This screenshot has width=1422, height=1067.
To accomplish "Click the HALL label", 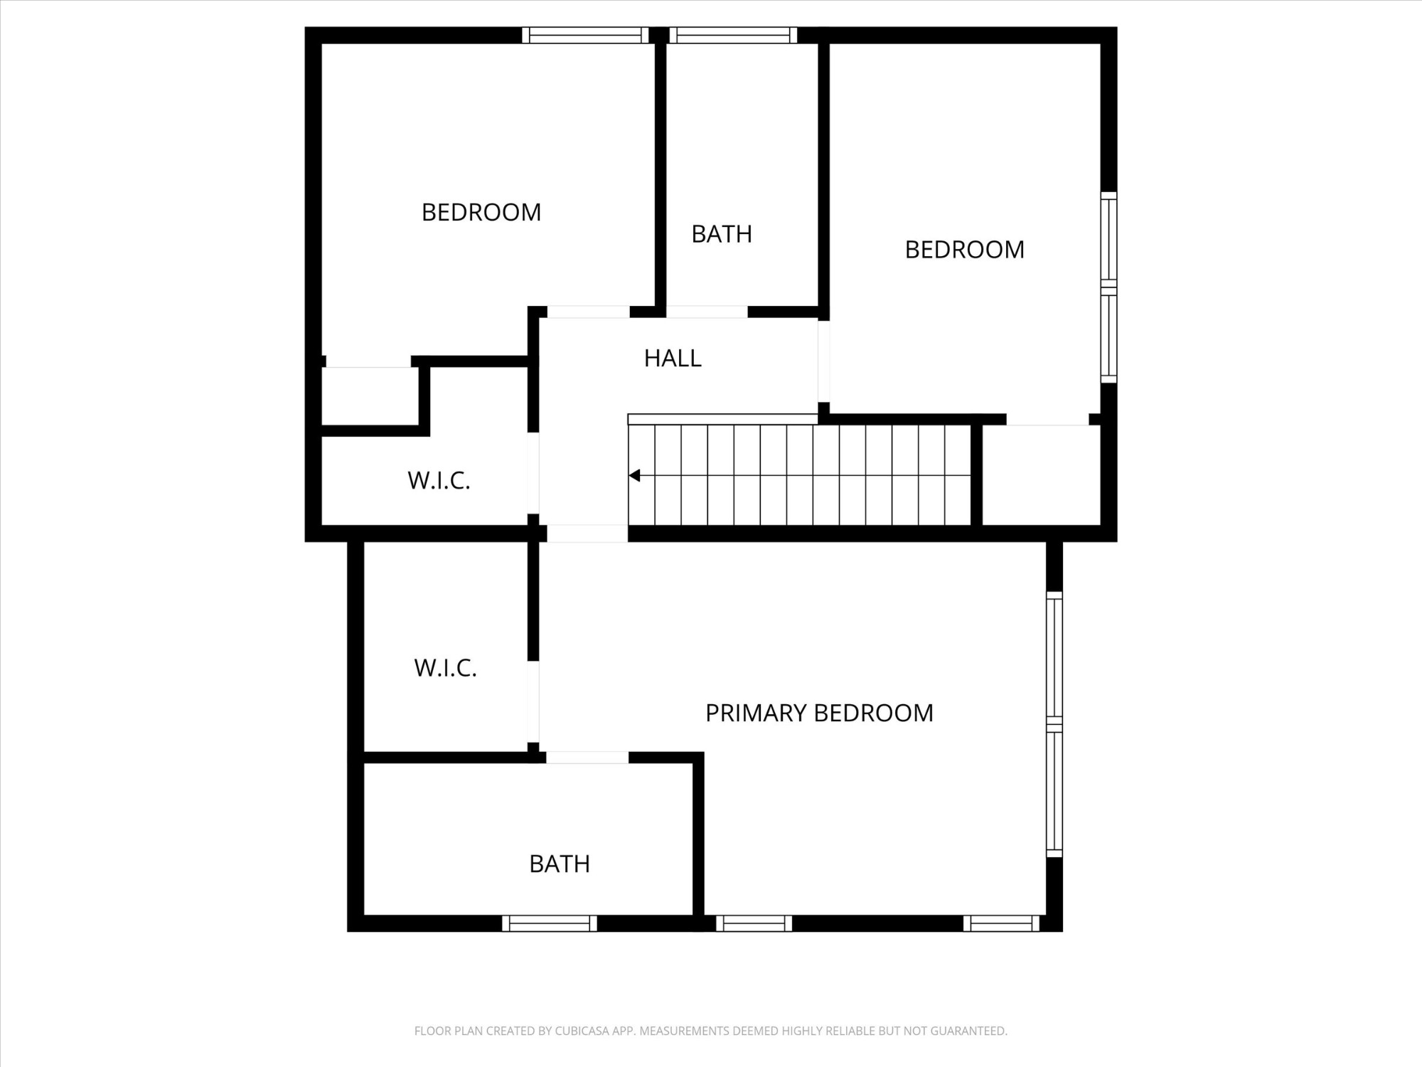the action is coord(673,358).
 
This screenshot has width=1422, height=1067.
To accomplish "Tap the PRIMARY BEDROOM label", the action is coord(819,713).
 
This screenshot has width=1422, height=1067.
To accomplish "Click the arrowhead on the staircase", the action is coord(634,475).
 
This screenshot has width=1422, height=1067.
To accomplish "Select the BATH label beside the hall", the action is coord(722,234).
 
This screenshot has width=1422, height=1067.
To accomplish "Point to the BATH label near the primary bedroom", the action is coord(560,864).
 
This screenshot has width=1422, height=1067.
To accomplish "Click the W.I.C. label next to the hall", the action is coord(439,481).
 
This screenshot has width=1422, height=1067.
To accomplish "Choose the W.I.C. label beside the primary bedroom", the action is coord(445,668).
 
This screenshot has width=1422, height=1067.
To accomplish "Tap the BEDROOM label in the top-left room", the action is coord(481,212).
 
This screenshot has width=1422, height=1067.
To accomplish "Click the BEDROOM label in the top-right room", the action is coord(964,250).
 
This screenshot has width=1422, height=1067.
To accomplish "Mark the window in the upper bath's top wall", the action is coord(733,35).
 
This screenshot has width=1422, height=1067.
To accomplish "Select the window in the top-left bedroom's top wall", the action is coord(586,35).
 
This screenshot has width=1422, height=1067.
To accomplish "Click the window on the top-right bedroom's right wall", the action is coord(1109,287).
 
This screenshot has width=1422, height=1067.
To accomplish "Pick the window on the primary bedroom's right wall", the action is coord(1054,724).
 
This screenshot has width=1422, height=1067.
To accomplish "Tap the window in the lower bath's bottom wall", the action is coord(550,923).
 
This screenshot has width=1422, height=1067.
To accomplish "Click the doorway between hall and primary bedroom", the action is coord(587,533).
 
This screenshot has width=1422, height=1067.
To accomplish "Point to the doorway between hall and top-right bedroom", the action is coord(823,361).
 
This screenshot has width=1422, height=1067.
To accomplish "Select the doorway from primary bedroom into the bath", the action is coord(587,758).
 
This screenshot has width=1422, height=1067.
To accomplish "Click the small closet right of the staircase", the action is coord(1042,475).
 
